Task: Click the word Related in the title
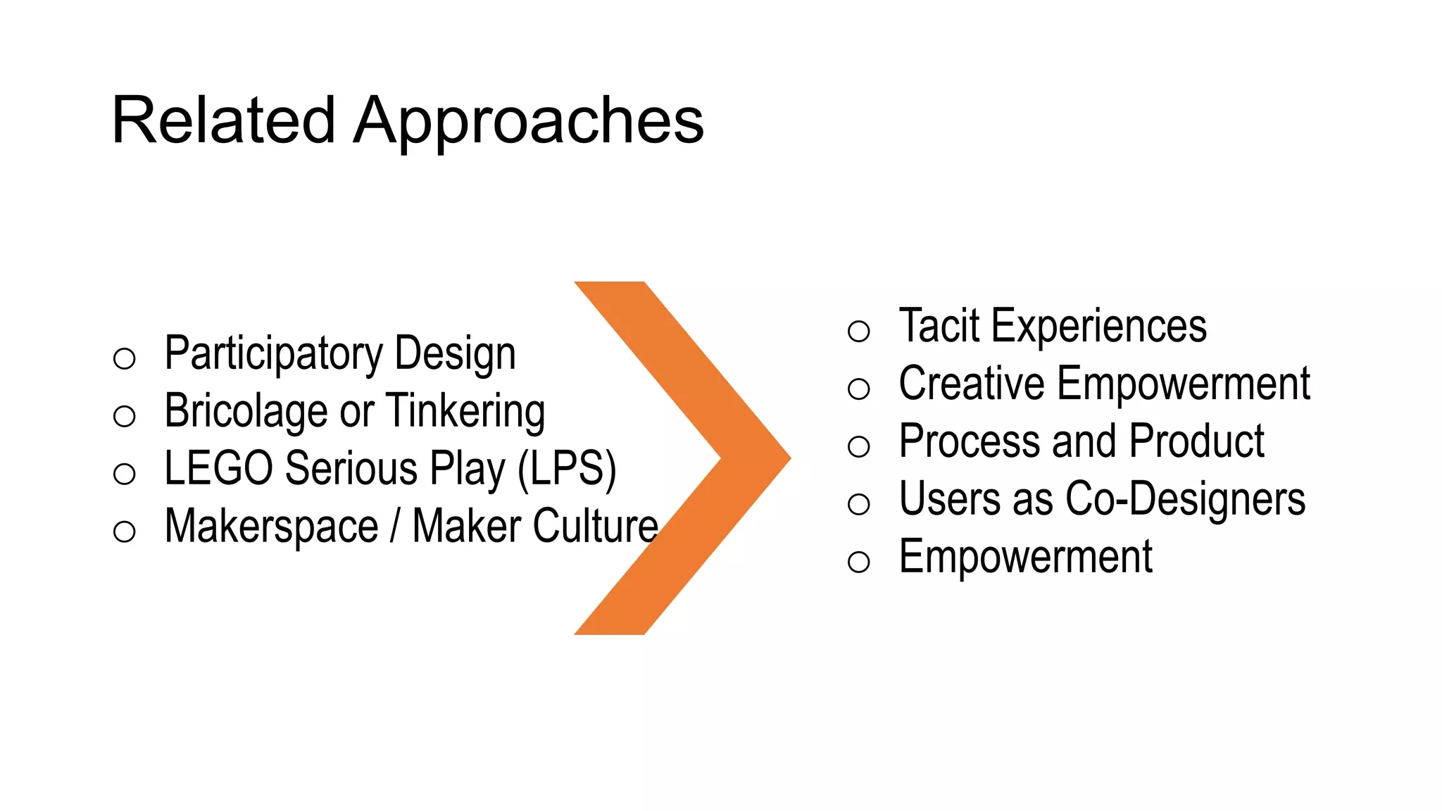(x=222, y=121)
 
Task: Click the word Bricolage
(x=248, y=411)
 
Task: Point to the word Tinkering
(x=465, y=411)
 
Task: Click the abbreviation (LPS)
(x=567, y=469)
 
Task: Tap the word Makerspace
(x=271, y=527)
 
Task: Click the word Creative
(x=972, y=384)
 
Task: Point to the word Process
(x=969, y=442)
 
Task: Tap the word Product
(x=1197, y=442)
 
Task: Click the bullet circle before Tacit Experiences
(x=859, y=331)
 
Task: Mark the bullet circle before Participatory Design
(x=125, y=358)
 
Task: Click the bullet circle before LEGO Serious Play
(x=125, y=474)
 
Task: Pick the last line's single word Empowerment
(x=1025, y=558)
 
